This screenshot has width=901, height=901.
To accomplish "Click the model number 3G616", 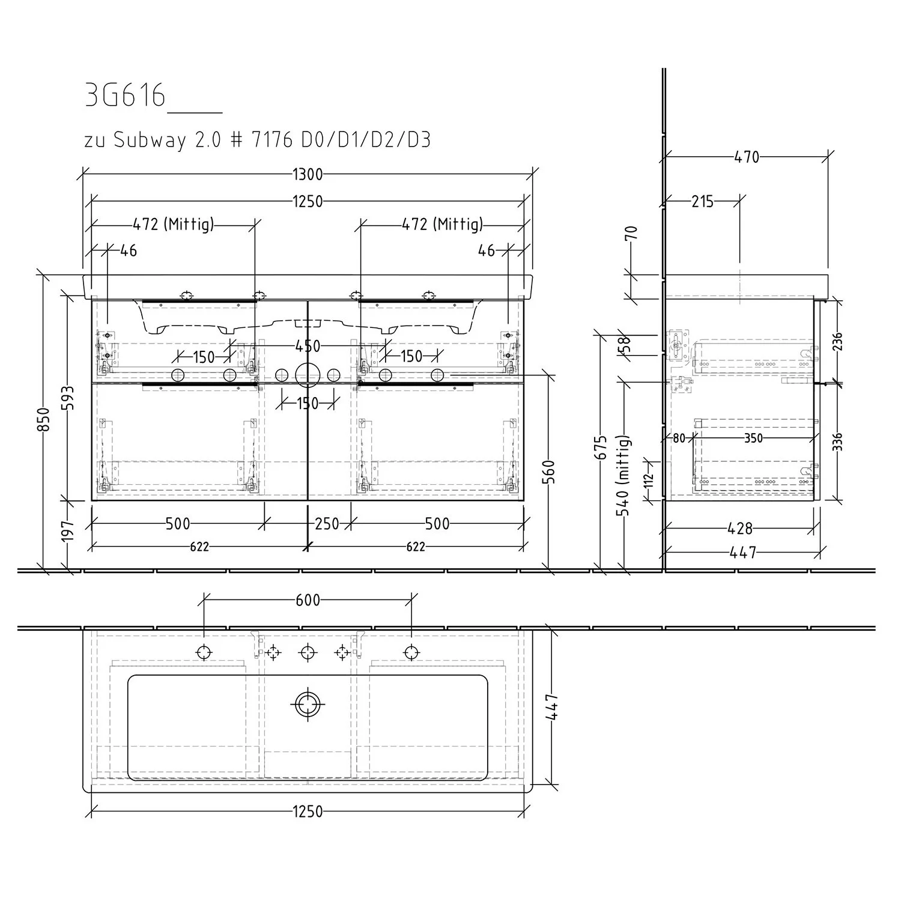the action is tap(125, 96).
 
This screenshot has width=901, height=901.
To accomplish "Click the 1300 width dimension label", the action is tap(308, 175).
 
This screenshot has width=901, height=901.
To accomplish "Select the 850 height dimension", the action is tap(42, 419).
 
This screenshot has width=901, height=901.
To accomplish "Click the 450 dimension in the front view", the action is tap(308, 346).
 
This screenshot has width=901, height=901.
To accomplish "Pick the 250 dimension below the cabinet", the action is tap(327, 524).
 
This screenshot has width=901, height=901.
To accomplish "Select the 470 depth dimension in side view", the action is tap(747, 157).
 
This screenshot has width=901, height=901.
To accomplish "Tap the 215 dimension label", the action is tap(702, 202).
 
